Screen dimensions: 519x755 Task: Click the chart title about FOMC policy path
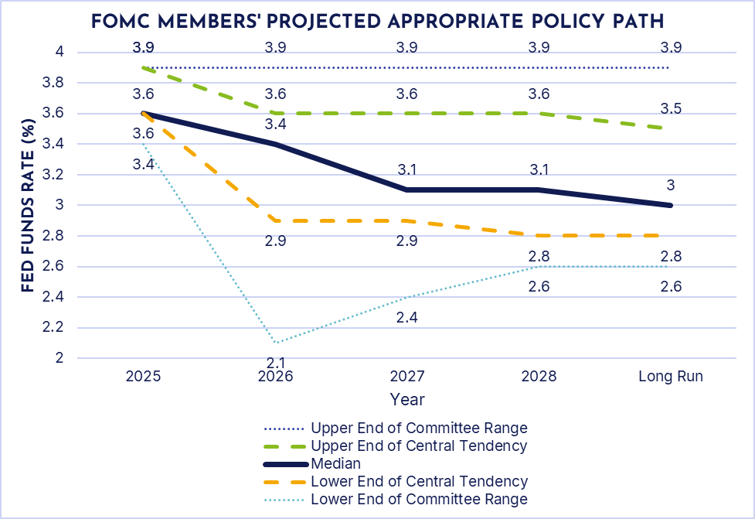coord(377,21)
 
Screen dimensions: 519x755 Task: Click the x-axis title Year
coord(406,399)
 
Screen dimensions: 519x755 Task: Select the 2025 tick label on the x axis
coord(143,377)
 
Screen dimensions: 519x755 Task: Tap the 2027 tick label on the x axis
coord(406,377)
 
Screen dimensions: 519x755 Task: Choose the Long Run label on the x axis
coord(671,377)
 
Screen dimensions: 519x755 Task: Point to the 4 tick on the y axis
coord(59,52)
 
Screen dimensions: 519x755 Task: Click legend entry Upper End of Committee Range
coord(419,428)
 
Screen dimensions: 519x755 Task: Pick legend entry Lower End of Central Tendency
coord(419,481)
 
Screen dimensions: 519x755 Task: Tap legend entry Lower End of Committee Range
coord(419,499)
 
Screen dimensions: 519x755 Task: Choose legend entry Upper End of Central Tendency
coord(419,446)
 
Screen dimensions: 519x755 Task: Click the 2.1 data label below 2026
coord(275,363)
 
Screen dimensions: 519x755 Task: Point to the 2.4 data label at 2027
coord(406,317)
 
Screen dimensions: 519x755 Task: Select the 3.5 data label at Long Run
coord(671,108)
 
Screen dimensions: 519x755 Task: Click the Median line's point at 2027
coord(406,190)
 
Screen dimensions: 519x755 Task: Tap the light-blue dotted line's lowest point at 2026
coord(275,343)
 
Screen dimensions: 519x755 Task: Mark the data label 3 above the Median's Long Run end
coord(671,185)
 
